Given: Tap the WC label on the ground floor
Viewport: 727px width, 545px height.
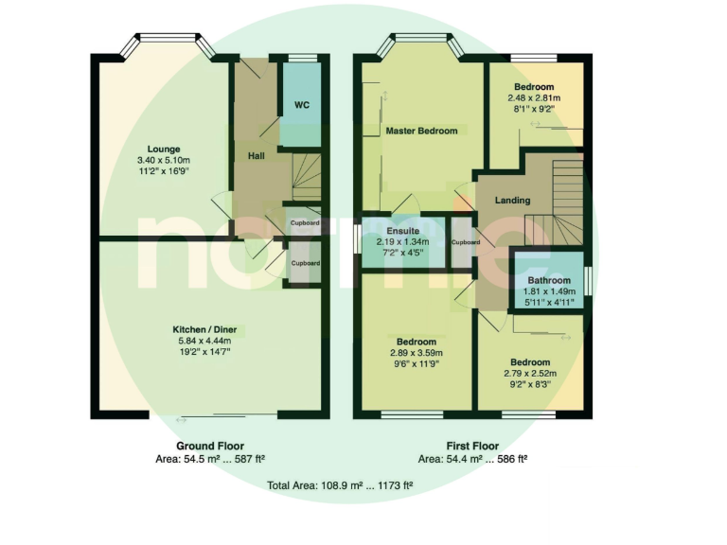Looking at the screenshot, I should coord(302,104).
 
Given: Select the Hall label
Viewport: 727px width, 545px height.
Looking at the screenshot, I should coord(256,156).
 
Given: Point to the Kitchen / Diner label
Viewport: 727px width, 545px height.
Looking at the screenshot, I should coord(211,328).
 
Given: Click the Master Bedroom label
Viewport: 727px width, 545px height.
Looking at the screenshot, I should coord(421,131).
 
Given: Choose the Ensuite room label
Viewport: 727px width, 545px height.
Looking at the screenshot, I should coord(403,230).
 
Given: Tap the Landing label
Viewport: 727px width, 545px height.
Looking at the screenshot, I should coord(512,201).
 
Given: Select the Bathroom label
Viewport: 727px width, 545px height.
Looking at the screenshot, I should coord(548,281).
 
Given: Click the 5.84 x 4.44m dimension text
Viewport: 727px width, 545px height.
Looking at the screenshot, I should coord(211,341).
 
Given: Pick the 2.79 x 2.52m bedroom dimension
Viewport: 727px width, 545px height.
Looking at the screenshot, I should coord(530,374).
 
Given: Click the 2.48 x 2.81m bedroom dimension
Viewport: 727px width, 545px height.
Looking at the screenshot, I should coord(534,97).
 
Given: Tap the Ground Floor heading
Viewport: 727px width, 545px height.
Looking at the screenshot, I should coord(210,446).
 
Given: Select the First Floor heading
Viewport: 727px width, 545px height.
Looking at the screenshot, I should coord(472,446).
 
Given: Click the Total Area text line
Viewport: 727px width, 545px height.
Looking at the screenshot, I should coord(340,484).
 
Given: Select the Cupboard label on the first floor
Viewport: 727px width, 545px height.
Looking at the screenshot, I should coord(466,242).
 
